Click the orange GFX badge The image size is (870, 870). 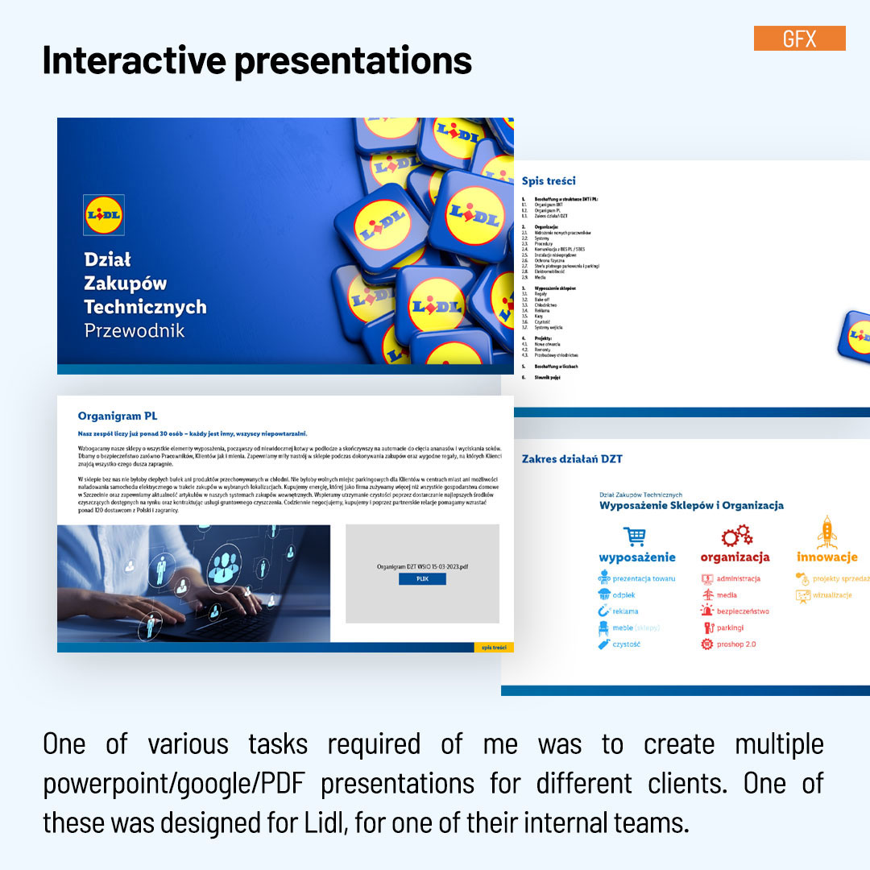coord(799,38)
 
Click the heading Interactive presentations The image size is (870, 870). coord(257,61)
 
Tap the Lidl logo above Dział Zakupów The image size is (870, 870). coord(104,215)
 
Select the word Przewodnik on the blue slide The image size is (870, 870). coord(135,330)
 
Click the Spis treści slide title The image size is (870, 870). coord(549,181)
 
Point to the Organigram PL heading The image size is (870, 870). coord(118,416)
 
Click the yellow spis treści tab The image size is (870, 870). coord(493,647)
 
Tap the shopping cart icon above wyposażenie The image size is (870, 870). coord(635,536)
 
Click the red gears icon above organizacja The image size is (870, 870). coord(736,535)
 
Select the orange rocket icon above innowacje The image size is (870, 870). coord(826,532)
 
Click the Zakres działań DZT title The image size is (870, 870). coord(572,459)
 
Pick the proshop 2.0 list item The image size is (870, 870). coord(735,644)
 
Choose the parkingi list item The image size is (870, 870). coord(730,628)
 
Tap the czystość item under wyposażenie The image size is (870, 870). coord(626,644)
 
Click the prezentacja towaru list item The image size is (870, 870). coord(643,578)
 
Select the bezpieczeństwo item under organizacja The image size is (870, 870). coord(742,611)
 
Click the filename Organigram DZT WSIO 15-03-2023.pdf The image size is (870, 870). coord(422,566)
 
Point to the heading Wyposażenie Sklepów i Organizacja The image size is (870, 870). coord(691,506)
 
